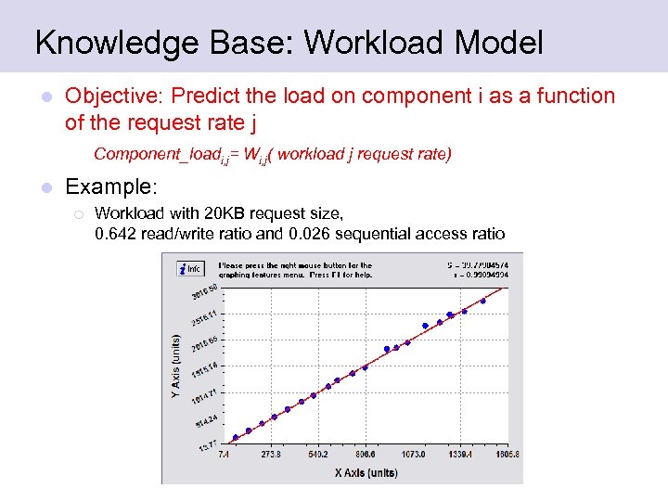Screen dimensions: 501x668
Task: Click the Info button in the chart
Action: tap(191, 269)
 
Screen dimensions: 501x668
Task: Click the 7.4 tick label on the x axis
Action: tap(224, 456)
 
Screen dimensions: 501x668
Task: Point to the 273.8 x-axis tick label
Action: tap(272, 456)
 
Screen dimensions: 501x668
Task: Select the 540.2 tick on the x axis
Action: tap(318, 456)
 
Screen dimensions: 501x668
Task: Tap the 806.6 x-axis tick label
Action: tap(366, 456)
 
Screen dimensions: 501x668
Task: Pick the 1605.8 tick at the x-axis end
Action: tap(506, 456)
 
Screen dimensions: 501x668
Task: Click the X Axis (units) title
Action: tap(366, 472)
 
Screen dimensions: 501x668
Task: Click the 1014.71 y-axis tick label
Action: tap(204, 397)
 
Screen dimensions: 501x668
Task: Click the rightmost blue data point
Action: tap(483, 301)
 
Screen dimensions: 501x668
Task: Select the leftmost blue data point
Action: tap(236, 437)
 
